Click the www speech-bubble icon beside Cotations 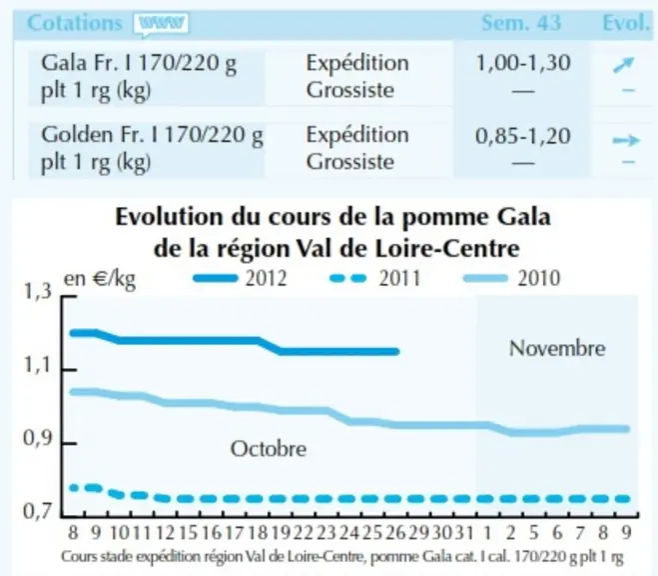click(x=161, y=24)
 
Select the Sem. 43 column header click(x=521, y=23)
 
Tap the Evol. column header click(x=626, y=23)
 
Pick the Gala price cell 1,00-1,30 click(x=523, y=63)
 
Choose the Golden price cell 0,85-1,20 click(x=523, y=136)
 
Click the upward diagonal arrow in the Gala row click(x=623, y=65)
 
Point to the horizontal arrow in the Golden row click(x=626, y=140)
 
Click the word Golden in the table click(x=77, y=135)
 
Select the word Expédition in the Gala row click(x=357, y=63)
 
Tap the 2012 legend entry click(x=240, y=278)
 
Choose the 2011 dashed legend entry click(x=374, y=278)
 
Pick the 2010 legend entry click(x=511, y=278)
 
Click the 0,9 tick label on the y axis click(x=37, y=438)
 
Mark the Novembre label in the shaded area click(x=557, y=348)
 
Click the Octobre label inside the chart click(x=269, y=449)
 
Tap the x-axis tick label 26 click(x=394, y=533)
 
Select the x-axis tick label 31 click(x=464, y=533)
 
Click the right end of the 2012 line click(x=396, y=352)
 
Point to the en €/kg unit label click(x=100, y=279)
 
